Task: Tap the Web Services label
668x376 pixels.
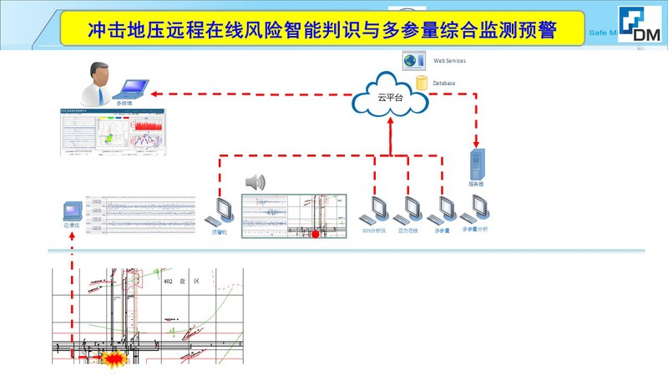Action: pos(449,61)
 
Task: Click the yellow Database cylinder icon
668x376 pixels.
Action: pos(422,83)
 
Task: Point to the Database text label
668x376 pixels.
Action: pos(443,83)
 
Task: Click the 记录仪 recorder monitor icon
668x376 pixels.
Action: pos(73,210)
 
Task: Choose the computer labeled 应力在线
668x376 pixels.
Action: pos(408,210)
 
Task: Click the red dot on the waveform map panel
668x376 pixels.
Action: pos(315,235)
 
